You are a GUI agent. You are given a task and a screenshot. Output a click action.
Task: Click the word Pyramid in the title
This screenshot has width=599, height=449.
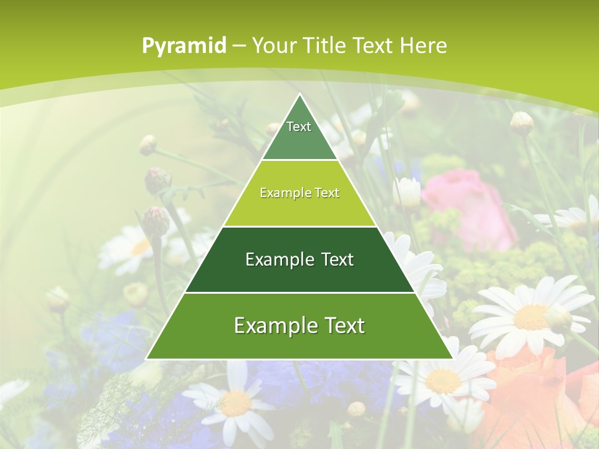(x=184, y=46)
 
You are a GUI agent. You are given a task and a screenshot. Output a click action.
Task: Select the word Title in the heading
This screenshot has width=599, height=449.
(x=324, y=46)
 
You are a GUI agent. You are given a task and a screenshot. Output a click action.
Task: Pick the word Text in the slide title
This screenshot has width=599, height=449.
(x=374, y=46)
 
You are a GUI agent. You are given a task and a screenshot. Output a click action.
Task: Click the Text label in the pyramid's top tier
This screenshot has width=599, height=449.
(x=299, y=127)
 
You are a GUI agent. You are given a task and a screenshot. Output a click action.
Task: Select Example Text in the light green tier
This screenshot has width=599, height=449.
(x=299, y=193)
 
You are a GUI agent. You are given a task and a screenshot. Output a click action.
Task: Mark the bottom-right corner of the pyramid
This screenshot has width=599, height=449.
(x=452, y=359)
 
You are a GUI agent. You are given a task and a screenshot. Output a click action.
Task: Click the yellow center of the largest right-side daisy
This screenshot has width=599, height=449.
(x=530, y=316)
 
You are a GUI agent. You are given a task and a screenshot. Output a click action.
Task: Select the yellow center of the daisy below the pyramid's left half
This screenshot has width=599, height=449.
(x=236, y=403)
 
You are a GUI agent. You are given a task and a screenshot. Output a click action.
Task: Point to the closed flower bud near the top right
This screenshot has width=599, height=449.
(x=522, y=123)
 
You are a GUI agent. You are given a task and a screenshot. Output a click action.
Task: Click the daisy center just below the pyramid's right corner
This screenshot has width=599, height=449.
(x=444, y=380)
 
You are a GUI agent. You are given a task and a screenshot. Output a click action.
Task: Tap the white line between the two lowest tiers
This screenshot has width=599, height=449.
(x=299, y=292)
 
